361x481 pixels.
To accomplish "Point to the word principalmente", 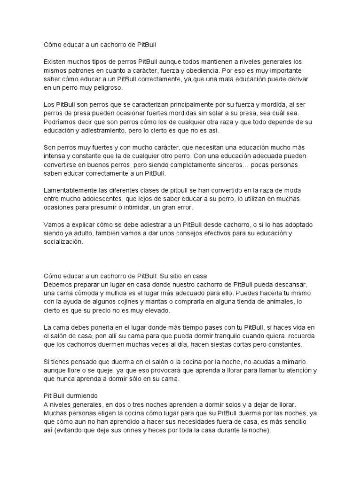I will tap(203, 104).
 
